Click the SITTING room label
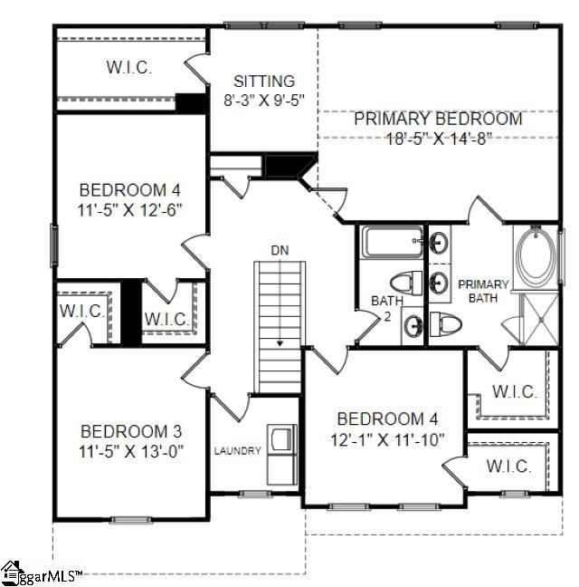[263, 81]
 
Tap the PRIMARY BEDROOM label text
[438, 119]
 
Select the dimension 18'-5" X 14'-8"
[438, 139]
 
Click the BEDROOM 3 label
[124, 431]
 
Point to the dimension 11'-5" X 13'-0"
[124, 451]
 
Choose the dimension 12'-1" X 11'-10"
[380, 438]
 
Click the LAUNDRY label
[238, 451]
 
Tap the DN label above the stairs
[280, 249]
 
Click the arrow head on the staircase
[280, 343]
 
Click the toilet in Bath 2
[407, 283]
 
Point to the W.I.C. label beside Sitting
[128, 68]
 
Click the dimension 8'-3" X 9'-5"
[263, 100]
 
